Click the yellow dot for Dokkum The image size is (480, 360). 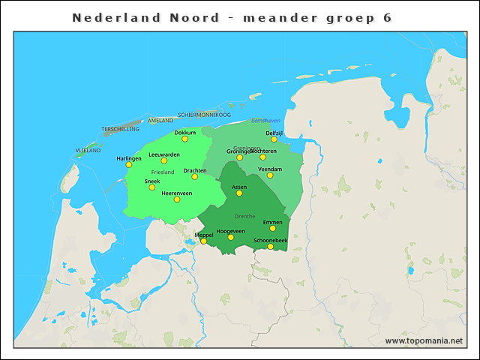[185, 139]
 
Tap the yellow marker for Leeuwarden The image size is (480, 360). [164, 160]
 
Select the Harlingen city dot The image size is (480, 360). [129, 164]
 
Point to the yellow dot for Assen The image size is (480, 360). [239, 193]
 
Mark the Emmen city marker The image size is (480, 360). [272, 228]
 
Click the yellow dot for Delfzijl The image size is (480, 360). [274, 139]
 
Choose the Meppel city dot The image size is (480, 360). [203, 241]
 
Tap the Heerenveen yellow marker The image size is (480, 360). [177, 199]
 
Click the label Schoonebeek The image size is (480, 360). [271, 240]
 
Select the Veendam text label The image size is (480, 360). [270, 169]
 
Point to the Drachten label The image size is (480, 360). [195, 170]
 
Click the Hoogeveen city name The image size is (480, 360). [230, 231]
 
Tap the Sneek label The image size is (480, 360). [152, 181]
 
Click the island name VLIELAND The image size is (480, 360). [88, 151]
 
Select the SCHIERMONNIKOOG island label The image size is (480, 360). [204, 115]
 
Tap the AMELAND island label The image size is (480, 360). [160, 120]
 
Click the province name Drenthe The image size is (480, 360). [245, 216]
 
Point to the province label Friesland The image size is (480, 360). [163, 172]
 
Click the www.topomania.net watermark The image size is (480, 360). [424, 340]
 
